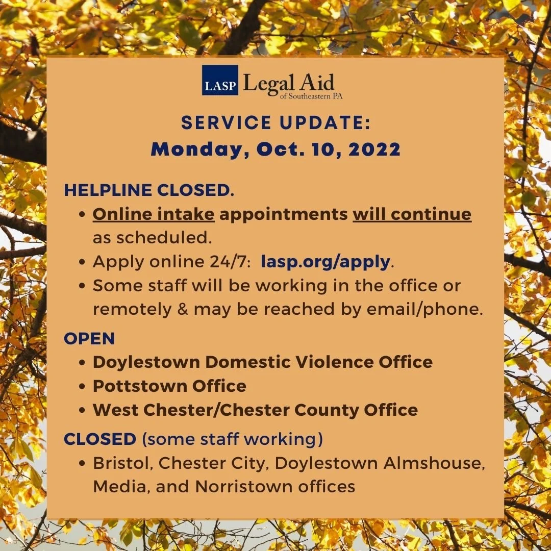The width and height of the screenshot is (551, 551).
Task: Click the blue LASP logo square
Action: (220, 80)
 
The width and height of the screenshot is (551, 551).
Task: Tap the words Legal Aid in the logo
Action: (288, 82)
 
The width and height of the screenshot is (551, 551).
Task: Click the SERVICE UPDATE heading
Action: (275, 123)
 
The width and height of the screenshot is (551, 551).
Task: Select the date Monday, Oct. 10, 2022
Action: (275, 149)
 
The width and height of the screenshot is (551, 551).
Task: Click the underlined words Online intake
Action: (154, 214)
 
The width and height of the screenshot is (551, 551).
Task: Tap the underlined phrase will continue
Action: (412, 214)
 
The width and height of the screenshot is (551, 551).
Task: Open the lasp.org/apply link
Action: (325, 262)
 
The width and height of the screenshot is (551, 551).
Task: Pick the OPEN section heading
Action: (89, 338)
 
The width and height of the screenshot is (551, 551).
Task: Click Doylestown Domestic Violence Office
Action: (262, 362)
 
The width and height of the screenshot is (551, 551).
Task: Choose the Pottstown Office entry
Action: (169, 386)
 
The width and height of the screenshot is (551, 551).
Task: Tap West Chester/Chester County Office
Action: (255, 410)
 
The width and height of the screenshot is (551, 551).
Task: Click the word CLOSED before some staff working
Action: (100, 439)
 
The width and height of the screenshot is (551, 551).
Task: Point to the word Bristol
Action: (121, 463)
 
